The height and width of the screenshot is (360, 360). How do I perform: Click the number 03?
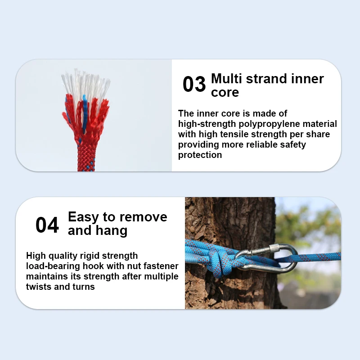pos(194,84)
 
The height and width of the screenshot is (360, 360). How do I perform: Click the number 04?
pos(47,225)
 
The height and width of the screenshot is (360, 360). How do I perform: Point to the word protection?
pos(200,155)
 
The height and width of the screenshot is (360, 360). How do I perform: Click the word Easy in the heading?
pos(84,217)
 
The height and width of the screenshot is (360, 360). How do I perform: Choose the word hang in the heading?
pos(111,230)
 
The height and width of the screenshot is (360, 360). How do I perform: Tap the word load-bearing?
pos(53,266)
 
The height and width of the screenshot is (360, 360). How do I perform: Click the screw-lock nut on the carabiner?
pos(274,248)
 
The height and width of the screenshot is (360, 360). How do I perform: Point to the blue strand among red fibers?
pos(85,114)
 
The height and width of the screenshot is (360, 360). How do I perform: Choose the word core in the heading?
pos(225,93)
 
